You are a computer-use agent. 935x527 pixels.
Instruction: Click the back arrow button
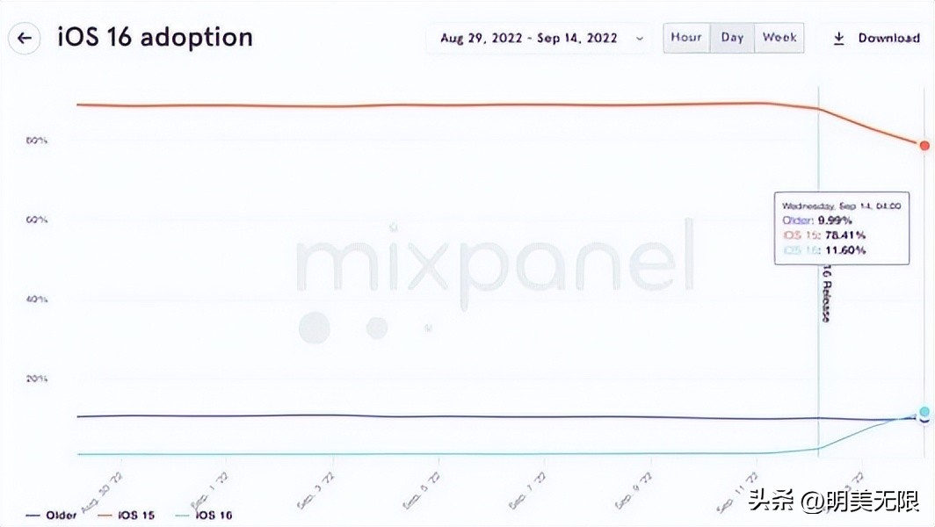pos(25,39)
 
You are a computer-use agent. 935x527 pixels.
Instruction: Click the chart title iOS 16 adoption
pos(155,38)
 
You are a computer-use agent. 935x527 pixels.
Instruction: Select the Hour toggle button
pos(686,38)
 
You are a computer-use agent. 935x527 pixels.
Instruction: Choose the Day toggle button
pos(732,38)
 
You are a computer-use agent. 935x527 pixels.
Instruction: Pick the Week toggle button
pos(779,38)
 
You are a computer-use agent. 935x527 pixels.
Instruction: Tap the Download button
pos(876,39)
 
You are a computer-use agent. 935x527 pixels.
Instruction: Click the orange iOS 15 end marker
pos(924,146)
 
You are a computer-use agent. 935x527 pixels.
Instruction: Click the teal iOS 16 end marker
pos(924,412)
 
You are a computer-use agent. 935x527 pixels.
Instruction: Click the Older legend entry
pos(52,515)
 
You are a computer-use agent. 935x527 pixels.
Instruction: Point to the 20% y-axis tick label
pos(36,379)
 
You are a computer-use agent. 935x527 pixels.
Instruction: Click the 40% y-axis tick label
pos(36,300)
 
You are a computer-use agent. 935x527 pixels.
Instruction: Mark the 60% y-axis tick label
pos(36,220)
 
